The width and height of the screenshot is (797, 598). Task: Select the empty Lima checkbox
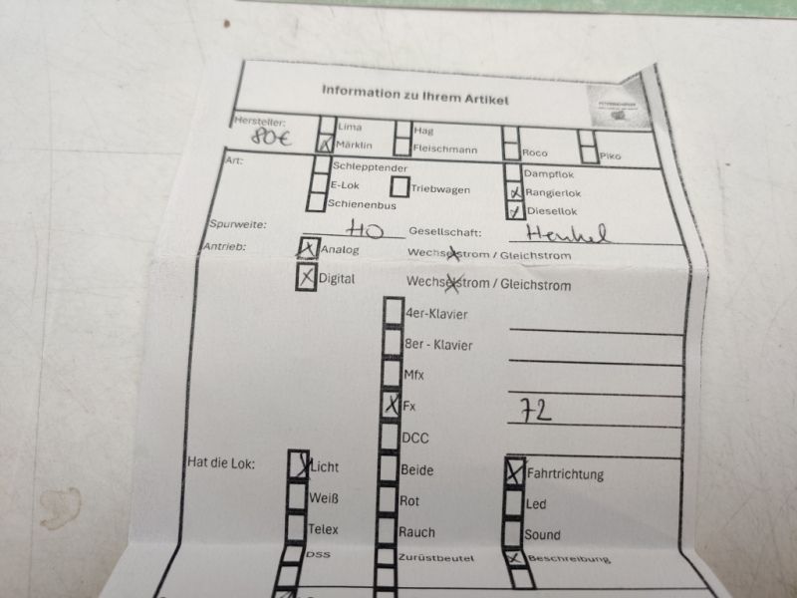pos(327,127)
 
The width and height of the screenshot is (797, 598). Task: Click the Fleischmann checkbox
pos(401,149)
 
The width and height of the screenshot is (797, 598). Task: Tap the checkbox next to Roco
pos(511,152)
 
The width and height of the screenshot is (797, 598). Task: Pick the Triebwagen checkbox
pos(398,186)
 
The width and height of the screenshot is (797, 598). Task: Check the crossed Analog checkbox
pos(308,249)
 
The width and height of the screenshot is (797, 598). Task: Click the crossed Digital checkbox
pos(306,278)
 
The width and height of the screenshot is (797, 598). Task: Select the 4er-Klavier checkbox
pos(393,313)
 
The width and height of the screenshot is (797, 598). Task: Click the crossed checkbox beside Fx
pos(391,406)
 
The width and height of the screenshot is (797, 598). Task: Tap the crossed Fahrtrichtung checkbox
pos(514,473)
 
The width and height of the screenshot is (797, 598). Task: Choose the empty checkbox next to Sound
pos(514,534)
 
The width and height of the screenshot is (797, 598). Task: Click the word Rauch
pos(416,533)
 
